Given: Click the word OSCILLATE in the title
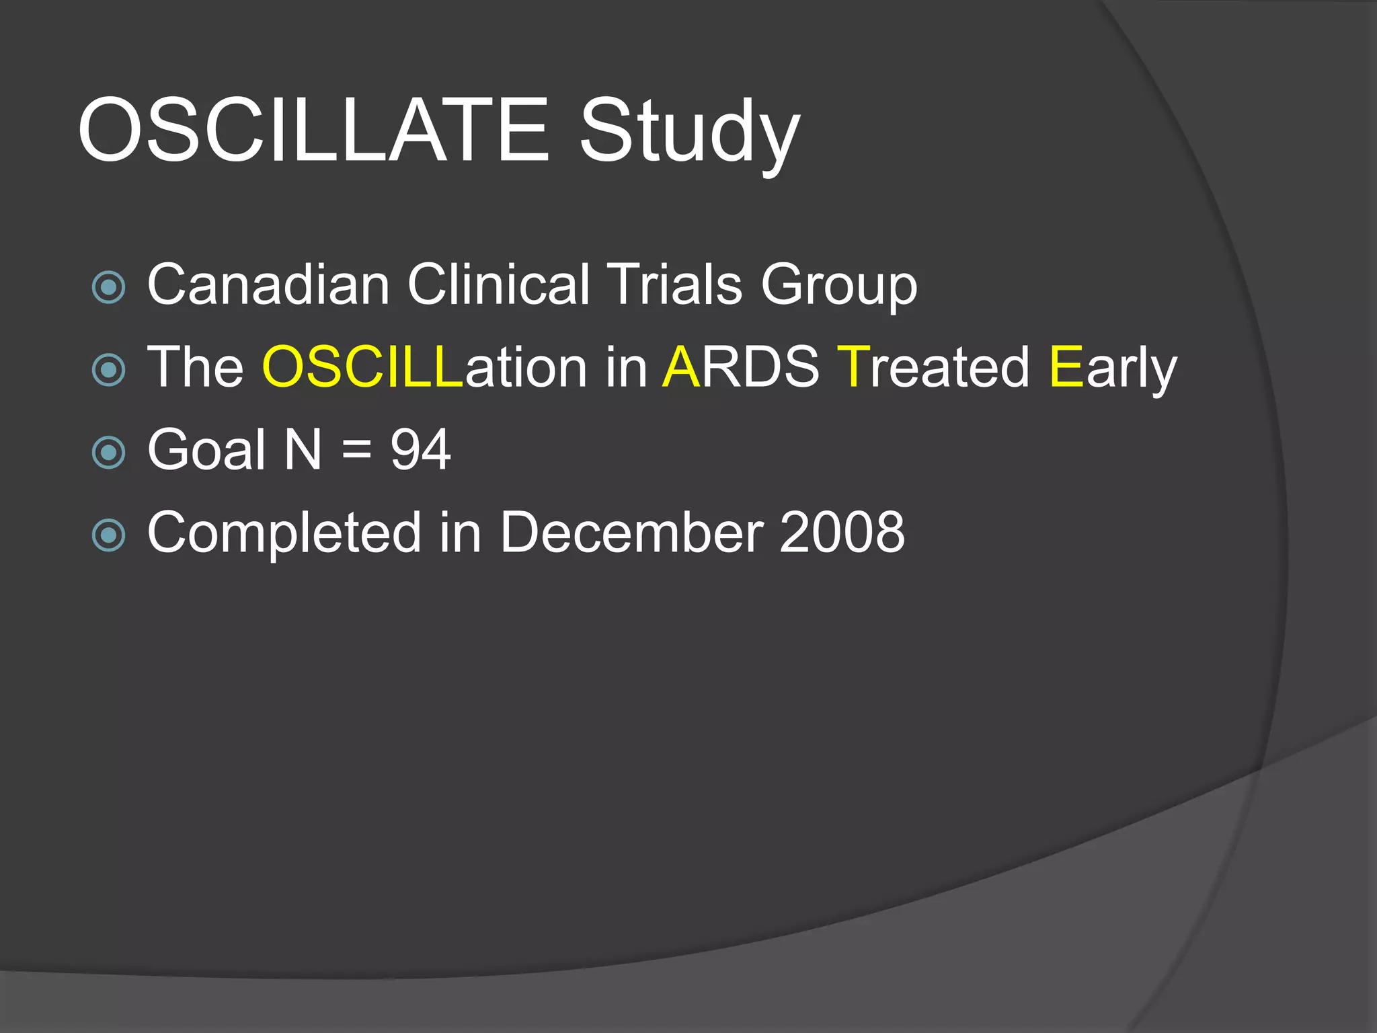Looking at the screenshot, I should (x=313, y=129).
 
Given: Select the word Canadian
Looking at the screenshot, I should (x=268, y=284).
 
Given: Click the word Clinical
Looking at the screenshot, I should (x=498, y=284).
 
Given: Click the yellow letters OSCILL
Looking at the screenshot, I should (x=362, y=367).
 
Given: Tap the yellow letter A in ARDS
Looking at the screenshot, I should (x=681, y=367).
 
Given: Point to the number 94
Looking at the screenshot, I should (x=420, y=450).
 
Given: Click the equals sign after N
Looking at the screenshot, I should (x=356, y=450).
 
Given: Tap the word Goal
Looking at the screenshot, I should (x=206, y=450).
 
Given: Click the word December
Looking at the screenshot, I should (x=631, y=533).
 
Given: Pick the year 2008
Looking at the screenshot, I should (x=842, y=533).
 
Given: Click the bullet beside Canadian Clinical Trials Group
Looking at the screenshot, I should (x=108, y=288).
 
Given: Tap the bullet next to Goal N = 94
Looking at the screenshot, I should (x=108, y=453).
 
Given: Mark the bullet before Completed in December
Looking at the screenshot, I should (x=108, y=535).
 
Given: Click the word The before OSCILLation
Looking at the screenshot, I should (x=195, y=367).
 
